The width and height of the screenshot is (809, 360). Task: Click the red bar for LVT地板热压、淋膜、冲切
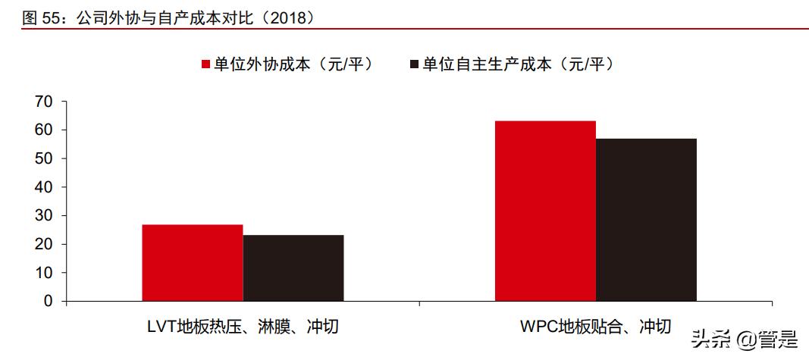(193, 263)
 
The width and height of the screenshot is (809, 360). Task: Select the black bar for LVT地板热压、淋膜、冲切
(293, 268)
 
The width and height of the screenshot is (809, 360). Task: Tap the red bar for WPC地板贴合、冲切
(545, 211)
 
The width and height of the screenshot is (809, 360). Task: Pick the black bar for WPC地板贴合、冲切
(646, 220)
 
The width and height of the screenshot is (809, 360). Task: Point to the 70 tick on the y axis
(45, 102)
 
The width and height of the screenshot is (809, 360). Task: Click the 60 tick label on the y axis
(45, 130)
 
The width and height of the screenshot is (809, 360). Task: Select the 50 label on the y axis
(45, 158)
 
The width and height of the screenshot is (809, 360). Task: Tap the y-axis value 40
(45, 187)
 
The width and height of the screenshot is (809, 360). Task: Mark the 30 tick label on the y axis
(45, 216)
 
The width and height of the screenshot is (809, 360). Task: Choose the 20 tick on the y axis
(45, 244)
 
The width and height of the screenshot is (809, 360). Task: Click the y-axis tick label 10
(45, 273)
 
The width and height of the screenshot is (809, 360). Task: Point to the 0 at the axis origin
(49, 302)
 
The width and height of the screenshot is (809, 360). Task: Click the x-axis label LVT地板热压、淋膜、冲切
(243, 327)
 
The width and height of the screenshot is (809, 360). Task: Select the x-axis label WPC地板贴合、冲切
(596, 327)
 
